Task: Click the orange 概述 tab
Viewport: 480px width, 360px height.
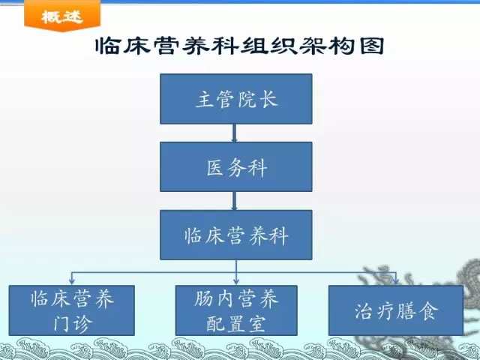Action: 62,15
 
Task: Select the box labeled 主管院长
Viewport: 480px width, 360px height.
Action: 236,99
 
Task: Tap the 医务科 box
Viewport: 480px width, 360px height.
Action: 236,166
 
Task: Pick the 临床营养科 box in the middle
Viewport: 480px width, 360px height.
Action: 236,235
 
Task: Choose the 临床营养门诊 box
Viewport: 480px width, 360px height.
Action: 72,310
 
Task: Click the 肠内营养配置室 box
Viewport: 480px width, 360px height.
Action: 236,310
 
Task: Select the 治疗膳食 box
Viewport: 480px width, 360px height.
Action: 396,310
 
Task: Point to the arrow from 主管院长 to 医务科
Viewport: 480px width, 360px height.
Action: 235,133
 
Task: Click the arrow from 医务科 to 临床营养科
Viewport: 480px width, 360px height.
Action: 235,201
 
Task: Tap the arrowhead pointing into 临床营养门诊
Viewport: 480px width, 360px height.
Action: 72,281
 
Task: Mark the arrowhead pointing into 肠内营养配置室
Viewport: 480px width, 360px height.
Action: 236,281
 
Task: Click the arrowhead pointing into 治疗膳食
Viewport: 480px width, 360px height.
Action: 396,281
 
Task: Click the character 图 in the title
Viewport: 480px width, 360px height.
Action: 372,46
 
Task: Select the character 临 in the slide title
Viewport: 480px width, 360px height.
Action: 107,46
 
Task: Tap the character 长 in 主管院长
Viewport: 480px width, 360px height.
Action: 268,99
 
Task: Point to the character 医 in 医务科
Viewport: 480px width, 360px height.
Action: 215,168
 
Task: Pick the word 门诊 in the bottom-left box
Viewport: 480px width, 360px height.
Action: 72,323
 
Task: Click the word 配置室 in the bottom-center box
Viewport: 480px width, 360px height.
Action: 235,323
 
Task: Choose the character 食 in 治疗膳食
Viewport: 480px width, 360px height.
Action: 427,311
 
